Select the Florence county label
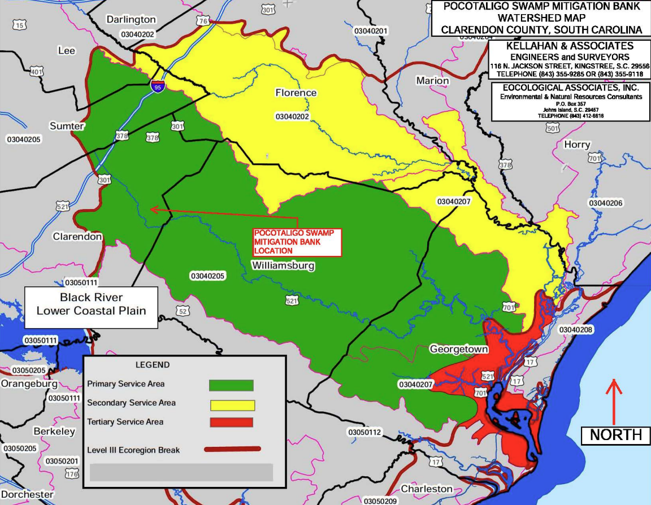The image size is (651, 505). click(296, 92)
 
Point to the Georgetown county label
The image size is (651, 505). click(458, 349)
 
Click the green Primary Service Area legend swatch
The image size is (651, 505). click(231, 385)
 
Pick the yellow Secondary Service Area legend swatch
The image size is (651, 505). click(232, 405)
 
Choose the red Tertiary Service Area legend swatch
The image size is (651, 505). click(231, 422)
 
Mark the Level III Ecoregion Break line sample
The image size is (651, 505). click(232, 450)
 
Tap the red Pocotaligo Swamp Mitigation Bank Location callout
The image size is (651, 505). click(297, 242)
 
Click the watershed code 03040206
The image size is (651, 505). click(605, 203)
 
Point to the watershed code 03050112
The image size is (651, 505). click(365, 432)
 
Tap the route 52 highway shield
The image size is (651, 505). click(182, 311)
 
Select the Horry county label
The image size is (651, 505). click(577, 145)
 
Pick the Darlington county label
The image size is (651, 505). click(131, 20)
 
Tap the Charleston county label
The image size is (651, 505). click(427, 489)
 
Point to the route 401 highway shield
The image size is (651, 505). click(37, 72)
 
